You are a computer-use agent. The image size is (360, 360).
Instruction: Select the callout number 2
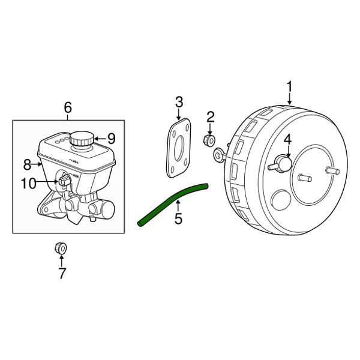211,116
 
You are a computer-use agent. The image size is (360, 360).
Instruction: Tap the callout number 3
179,101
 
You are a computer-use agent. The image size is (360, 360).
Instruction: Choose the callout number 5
178,219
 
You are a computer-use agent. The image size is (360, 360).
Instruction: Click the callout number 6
68,108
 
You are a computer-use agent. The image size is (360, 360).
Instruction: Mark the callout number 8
26,164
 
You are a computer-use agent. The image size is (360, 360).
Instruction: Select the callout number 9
111,138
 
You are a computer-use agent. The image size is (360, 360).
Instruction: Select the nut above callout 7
61,247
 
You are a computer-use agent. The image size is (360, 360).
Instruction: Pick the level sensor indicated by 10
64,179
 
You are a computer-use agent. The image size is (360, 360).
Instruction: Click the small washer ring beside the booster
219,155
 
